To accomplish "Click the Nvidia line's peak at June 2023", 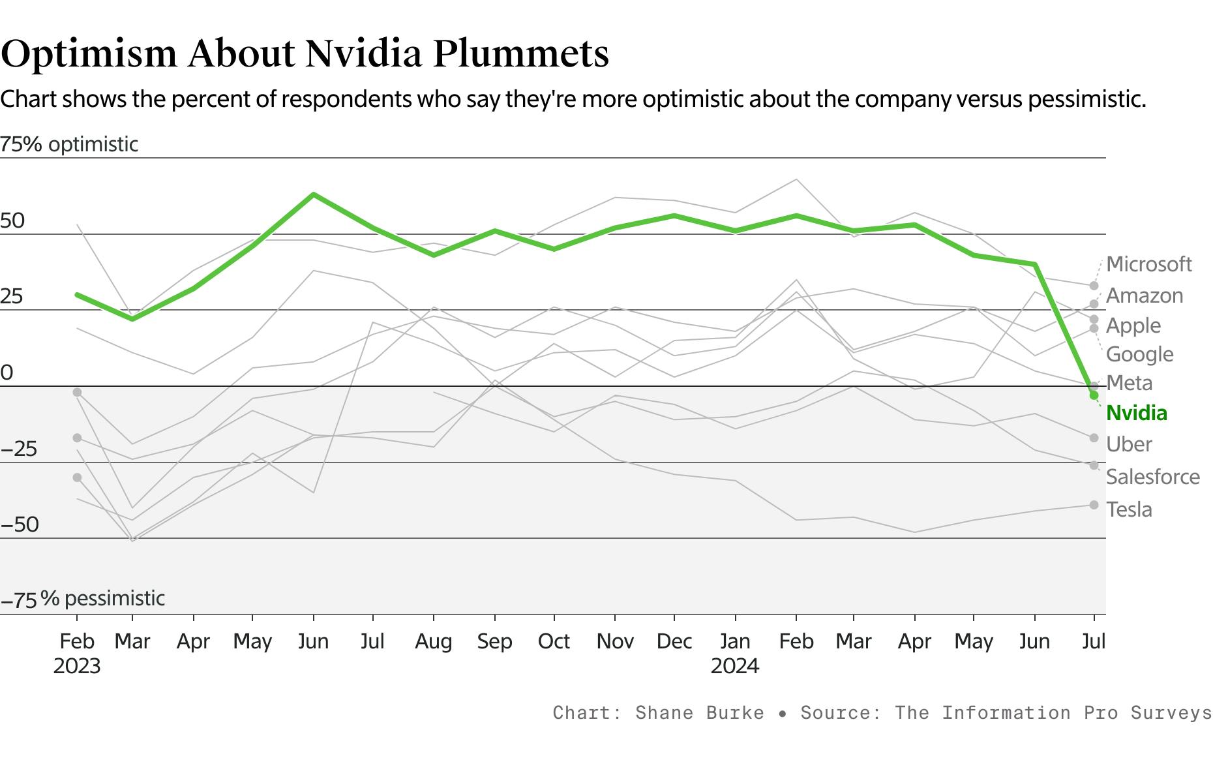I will point(314,194).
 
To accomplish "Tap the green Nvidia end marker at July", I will point(1094,395).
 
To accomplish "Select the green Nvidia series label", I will point(1137,413).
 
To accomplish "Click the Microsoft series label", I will point(1148,264).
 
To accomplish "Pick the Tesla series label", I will point(1129,509).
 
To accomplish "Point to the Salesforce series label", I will point(1152,477).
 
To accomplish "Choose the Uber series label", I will point(1129,444).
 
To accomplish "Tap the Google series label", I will point(1139,354).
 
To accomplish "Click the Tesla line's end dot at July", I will point(1094,505).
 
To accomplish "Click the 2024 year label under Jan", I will point(735,666).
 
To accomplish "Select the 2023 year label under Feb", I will point(77,666).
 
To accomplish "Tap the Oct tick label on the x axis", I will point(554,641).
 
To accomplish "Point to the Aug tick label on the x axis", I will point(434,641).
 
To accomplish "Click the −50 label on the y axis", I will point(20,524).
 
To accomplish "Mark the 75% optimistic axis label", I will point(68,144).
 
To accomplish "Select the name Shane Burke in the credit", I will point(699,712).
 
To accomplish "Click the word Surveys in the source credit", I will point(1171,712).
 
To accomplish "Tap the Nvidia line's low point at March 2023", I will point(132,318).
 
